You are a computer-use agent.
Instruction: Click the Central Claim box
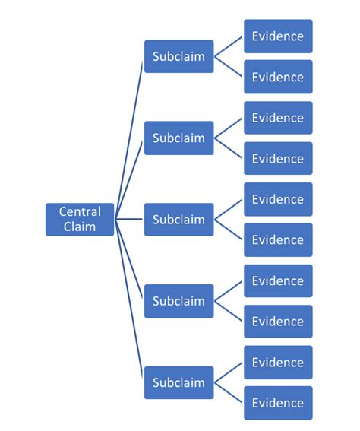click(x=80, y=219)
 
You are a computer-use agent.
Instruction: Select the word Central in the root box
click(x=80, y=211)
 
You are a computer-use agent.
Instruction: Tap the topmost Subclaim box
click(x=178, y=56)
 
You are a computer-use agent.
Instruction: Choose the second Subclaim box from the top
click(x=178, y=138)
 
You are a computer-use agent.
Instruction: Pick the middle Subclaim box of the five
click(x=178, y=219)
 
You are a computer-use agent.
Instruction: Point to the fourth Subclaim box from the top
click(x=178, y=301)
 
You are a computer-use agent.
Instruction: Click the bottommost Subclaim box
click(x=178, y=382)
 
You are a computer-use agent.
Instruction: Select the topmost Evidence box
click(x=278, y=36)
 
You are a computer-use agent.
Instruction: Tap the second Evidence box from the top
click(x=278, y=77)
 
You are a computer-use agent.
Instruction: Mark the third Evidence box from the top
click(x=278, y=118)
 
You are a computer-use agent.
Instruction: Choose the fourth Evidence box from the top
click(x=278, y=158)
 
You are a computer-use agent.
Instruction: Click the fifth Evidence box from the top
click(x=278, y=199)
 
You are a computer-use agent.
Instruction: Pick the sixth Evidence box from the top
click(x=278, y=239)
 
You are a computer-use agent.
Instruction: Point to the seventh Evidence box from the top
click(x=278, y=280)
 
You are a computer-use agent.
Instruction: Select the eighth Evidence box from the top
click(x=278, y=321)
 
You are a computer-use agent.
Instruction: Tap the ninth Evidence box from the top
click(x=278, y=362)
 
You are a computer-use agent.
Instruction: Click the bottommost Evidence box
click(x=278, y=403)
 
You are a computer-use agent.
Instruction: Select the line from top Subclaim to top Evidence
click(x=229, y=46)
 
